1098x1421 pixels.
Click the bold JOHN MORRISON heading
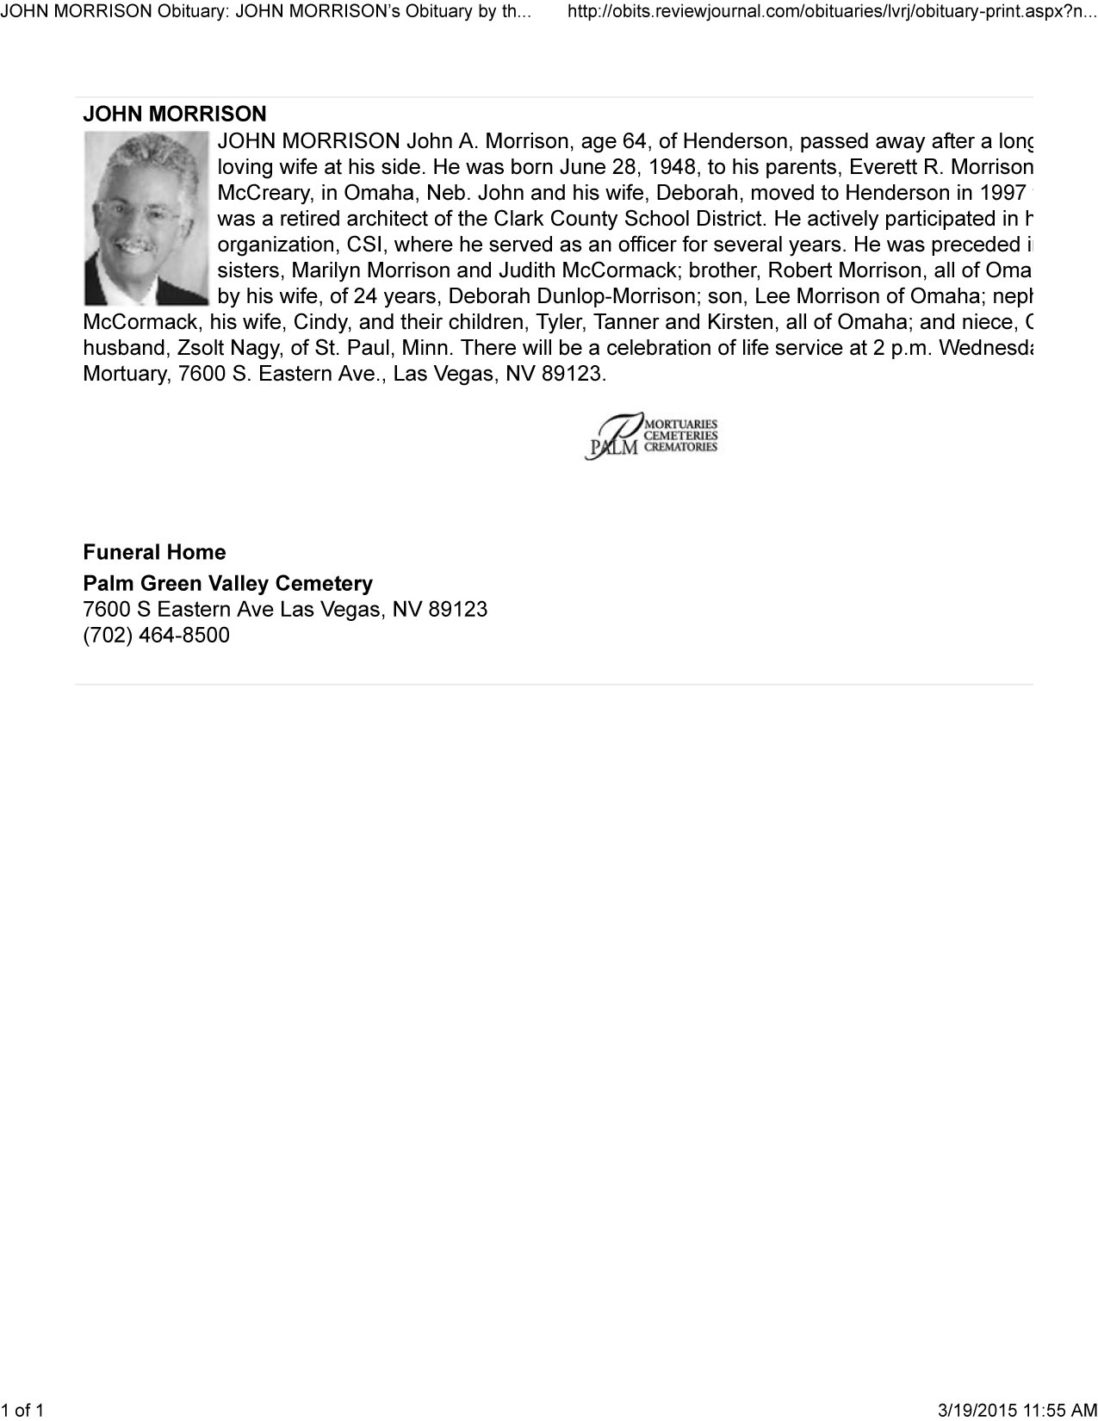(x=174, y=114)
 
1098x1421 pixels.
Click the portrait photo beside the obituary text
(x=146, y=219)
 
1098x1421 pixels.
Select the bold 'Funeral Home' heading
(x=154, y=552)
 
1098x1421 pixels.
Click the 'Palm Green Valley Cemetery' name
(x=227, y=583)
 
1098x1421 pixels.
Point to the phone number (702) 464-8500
(x=156, y=636)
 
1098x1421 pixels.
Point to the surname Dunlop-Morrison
(x=609, y=296)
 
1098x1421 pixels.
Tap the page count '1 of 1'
(x=22, y=1410)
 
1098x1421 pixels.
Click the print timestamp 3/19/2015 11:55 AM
(x=1016, y=1410)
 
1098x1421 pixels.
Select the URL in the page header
(x=832, y=13)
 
